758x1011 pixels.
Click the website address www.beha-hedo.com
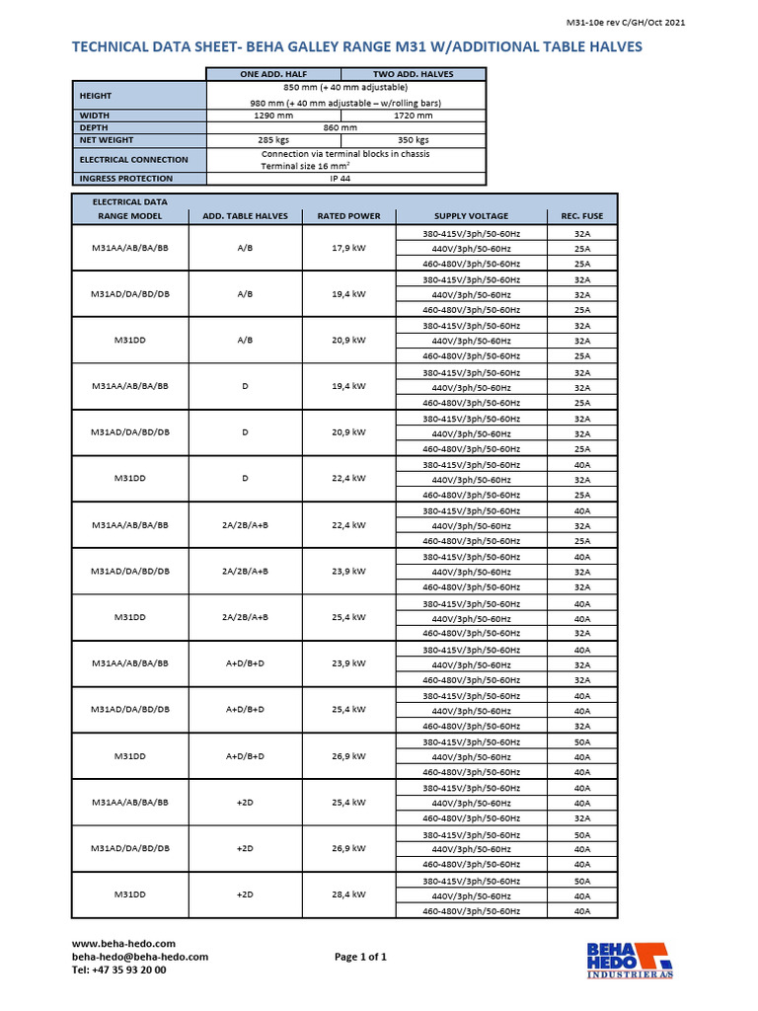[x=122, y=944]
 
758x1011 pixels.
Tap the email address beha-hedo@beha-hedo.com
[x=139, y=957]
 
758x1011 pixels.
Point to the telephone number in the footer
[x=118, y=970]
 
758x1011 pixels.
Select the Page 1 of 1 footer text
[x=360, y=957]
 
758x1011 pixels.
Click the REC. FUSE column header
[x=582, y=216]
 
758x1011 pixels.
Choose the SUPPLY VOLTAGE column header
[x=471, y=216]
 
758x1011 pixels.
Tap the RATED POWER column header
[x=348, y=216]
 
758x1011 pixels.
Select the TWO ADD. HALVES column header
[x=414, y=74]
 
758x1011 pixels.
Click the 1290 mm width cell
[x=273, y=116]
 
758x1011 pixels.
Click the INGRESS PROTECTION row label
[x=125, y=179]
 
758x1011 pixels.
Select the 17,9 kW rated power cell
[x=348, y=248]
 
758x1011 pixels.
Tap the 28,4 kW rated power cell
[x=348, y=895]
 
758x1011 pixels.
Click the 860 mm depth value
[x=343, y=127]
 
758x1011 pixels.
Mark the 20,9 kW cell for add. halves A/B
[x=348, y=341]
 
